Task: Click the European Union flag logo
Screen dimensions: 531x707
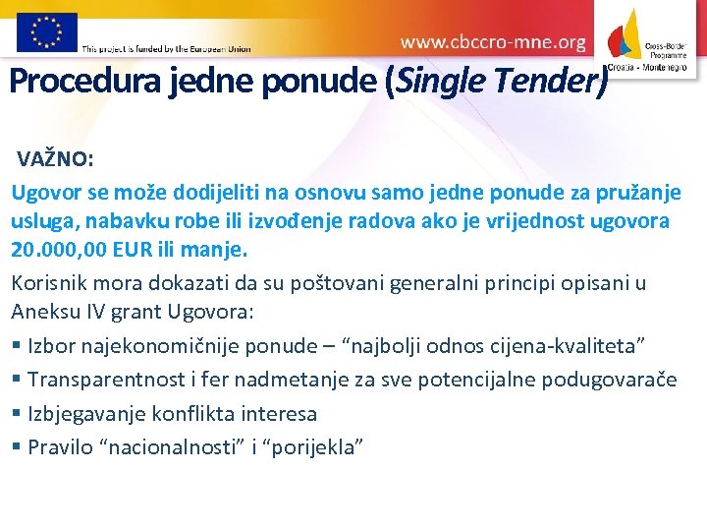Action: tap(46, 31)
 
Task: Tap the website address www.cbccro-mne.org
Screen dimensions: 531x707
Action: tap(493, 42)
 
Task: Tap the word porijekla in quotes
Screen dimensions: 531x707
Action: tap(313, 447)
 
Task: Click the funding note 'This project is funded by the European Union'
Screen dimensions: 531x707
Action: tap(167, 48)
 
